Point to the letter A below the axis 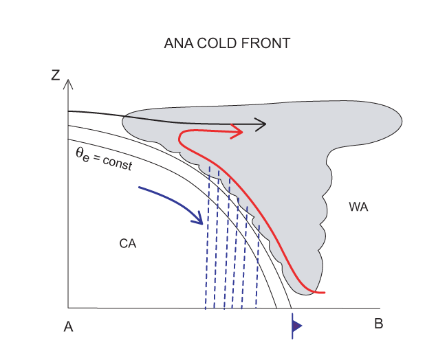68,326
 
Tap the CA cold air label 128,243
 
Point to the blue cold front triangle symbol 296,326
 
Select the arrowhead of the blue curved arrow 200,221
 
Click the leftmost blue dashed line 207,240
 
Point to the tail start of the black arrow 69,111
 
